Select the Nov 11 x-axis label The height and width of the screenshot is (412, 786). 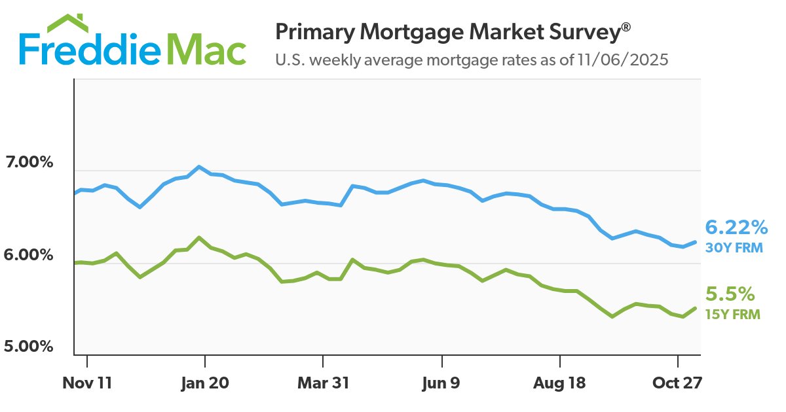pyautogui.click(x=87, y=383)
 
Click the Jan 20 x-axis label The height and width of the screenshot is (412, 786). pyautogui.click(x=205, y=383)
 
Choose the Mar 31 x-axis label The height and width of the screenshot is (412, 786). pyautogui.click(x=323, y=383)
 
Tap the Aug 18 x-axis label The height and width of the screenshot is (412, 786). pyautogui.click(x=559, y=383)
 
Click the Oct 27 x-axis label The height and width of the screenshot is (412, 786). pyautogui.click(x=677, y=383)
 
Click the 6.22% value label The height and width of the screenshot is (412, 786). pyautogui.click(x=736, y=228)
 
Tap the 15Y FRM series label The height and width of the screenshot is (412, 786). pyautogui.click(x=732, y=314)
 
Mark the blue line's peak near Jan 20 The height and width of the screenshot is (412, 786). pyautogui.click(x=199, y=167)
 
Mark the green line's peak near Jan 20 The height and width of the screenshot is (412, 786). pyautogui.click(x=199, y=237)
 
